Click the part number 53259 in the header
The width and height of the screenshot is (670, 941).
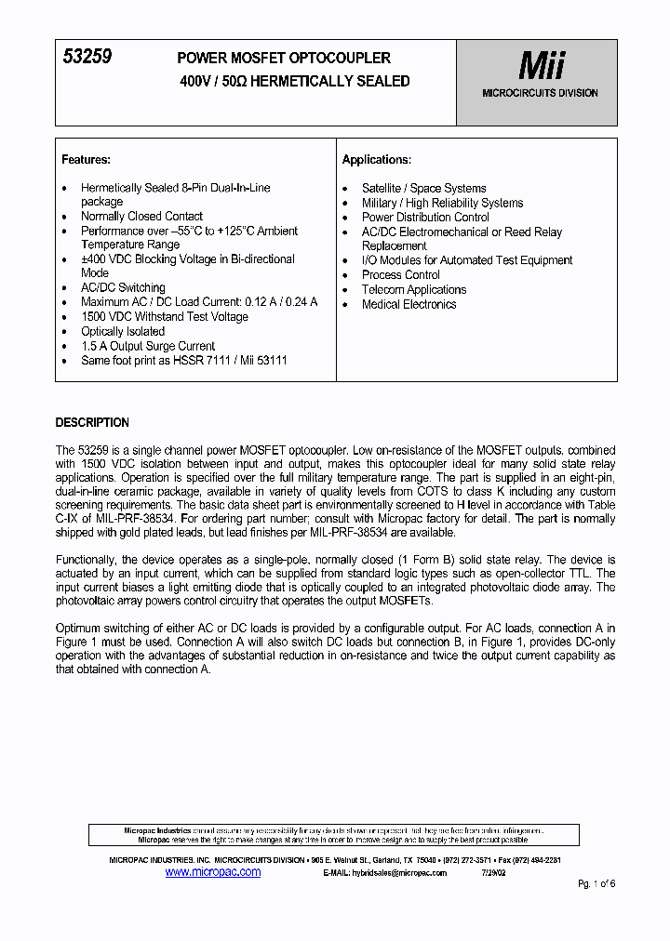(x=87, y=57)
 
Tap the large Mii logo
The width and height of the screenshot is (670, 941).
(x=540, y=66)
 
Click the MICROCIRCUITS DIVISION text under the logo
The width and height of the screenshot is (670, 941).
(x=540, y=93)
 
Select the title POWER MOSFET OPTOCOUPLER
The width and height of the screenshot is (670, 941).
(x=284, y=58)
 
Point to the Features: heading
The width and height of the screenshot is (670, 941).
(x=86, y=159)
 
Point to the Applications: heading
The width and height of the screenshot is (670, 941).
(x=376, y=159)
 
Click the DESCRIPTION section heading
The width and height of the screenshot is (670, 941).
(x=92, y=421)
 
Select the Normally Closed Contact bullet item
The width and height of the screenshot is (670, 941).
(x=141, y=216)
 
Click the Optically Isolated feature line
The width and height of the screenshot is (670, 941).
(x=122, y=331)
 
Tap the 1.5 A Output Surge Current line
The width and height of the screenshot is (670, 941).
(x=147, y=346)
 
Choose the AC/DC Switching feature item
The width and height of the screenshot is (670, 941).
(x=122, y=288)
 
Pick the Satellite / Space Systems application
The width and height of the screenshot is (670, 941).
(x=423, y=188)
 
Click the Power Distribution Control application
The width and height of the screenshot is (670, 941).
(x=425, y=217)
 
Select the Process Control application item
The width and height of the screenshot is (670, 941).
(x=400, y=275)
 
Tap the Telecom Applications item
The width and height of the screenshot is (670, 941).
(x=413, y=289)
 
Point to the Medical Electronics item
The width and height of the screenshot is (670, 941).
(x=409, y=304)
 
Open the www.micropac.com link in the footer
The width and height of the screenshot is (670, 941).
(x=212, y=872)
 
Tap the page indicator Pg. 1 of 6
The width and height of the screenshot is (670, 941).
(x=596, y=883)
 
